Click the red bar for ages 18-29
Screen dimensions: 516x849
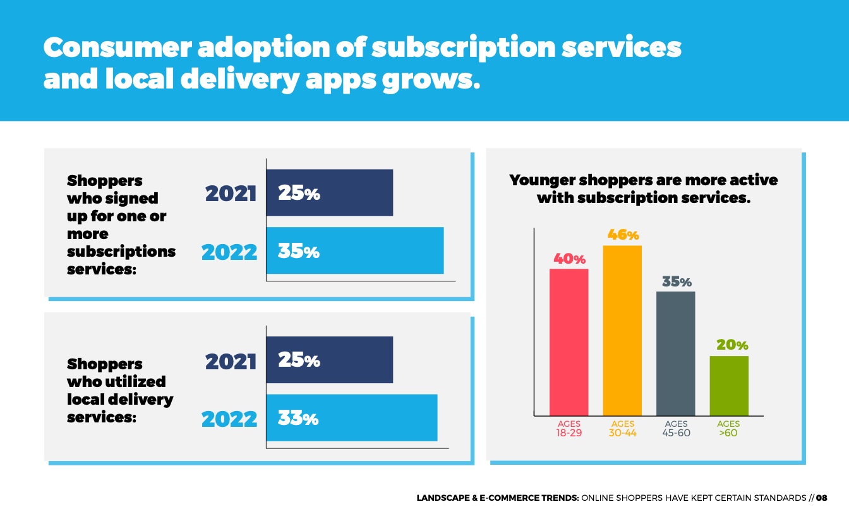click(x=569, y=341)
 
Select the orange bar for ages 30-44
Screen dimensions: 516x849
click(x=622, y=330)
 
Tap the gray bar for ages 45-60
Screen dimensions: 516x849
click(x=675, y=353)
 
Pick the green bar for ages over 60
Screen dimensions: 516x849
click(x=729, y=385)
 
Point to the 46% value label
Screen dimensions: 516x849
click(x=623, y=235)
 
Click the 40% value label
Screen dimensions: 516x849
click(x=570, y=259)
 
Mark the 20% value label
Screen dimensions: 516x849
click(x=732, y=345)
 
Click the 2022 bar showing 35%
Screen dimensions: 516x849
click(x=354, y=250)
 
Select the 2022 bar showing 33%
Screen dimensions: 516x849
click(x=351, y=417)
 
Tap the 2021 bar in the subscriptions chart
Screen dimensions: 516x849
click(x=329, y=193)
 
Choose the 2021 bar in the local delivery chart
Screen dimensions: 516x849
click(x=329, y=360)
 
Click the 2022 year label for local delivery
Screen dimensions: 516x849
click(x=229, y=419)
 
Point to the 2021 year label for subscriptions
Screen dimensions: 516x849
click(x=231, y=193)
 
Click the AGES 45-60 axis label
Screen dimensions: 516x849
click(x=676, y=429)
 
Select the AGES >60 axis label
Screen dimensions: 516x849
click(x=728, y=429)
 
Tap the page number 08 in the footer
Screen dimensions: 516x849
click(x=821, y=498)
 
